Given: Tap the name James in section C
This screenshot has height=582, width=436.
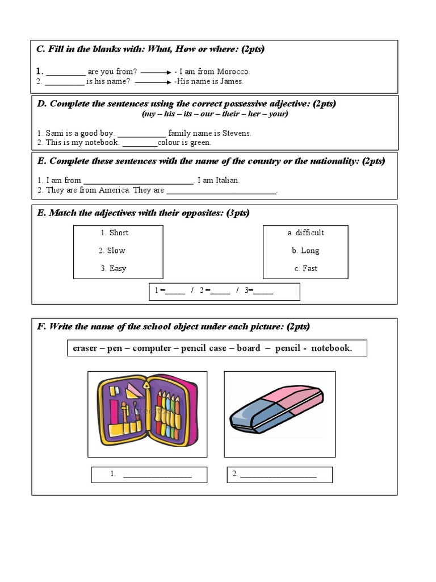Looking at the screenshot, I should coord(230,81).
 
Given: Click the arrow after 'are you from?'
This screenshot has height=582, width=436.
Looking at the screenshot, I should coord(156,72).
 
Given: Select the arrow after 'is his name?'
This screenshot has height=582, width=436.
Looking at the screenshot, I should coord(153,82).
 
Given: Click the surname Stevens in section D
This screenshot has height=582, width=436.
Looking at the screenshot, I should coord(236,133).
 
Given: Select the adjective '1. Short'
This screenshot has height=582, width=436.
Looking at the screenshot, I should coord(115,232).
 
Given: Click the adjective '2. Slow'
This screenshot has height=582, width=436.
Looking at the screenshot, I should coord(112,251).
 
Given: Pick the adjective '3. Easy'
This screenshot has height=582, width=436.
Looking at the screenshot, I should coord(114,268).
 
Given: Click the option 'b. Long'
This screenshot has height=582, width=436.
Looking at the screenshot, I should coord(305,251).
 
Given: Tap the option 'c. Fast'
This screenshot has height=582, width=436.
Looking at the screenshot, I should coord(305,268).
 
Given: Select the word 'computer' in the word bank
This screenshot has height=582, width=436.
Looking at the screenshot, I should coord(152,348).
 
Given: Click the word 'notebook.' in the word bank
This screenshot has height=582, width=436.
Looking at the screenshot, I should coord(332,348).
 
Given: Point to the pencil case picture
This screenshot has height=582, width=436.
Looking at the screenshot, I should coord(147,413).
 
